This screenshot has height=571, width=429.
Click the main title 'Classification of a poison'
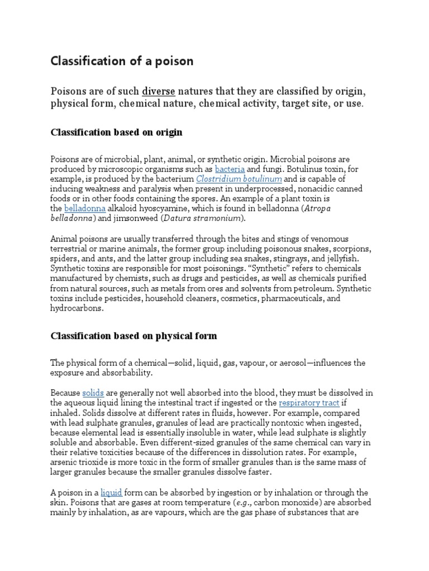[x=122, y=61]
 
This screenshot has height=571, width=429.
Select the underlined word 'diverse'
[x=158, y=91]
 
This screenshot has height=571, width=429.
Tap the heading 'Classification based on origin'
[x=116, y=133]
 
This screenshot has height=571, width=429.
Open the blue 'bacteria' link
[x=230, y=169]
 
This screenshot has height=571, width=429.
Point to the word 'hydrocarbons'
[x=77, y=308]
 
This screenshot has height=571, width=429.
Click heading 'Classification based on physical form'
[x=134, y=336]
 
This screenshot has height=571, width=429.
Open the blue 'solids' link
[x=93, y=393]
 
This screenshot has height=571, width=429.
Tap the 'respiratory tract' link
[x=309, y=403]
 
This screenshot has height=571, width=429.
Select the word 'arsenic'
[x=64, y=463]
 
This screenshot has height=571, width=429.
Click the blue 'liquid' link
[x=111, y=492]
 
